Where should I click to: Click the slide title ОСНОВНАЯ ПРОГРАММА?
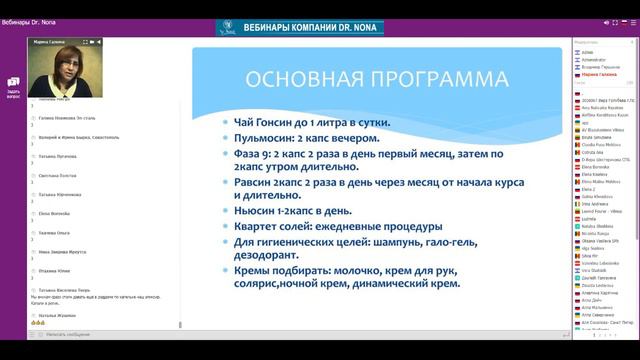(369, 79)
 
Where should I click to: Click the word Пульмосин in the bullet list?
(261, 139)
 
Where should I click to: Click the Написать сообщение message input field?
(90, 335)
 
